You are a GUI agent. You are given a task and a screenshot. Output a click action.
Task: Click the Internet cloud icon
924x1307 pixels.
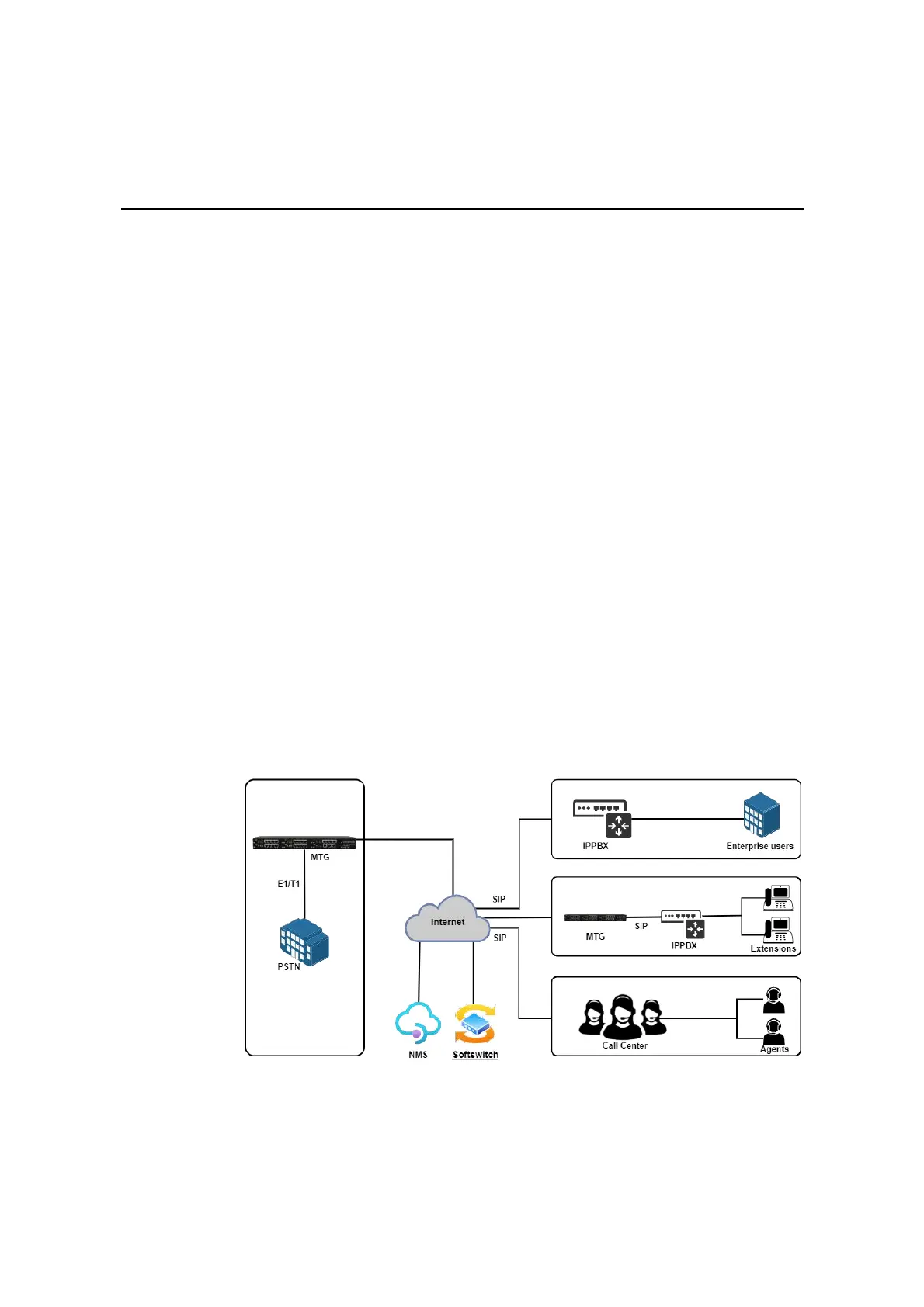447,920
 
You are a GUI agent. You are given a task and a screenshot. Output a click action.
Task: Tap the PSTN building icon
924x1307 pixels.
304,941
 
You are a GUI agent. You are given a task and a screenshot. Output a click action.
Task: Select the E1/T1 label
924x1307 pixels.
289,884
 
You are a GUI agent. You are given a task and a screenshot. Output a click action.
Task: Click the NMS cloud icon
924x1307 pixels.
418,1023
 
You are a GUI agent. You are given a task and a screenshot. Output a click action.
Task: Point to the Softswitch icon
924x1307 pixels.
474,1024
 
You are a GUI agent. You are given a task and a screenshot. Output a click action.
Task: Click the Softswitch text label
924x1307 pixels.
475,1055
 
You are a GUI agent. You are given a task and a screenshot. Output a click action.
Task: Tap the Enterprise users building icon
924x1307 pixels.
761,815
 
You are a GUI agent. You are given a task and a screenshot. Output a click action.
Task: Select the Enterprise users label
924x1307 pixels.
759,846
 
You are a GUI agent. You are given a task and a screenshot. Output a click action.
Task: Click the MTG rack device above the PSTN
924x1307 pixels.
304,843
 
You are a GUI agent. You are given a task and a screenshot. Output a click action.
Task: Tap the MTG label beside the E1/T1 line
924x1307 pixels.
320,857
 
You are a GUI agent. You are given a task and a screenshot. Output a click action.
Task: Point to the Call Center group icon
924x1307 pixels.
622,1017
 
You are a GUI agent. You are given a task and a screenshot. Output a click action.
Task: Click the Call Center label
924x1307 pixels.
624,1045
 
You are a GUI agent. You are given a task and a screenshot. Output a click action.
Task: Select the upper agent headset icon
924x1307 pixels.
773,1000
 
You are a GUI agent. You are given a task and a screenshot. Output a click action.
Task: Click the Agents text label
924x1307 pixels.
774,1049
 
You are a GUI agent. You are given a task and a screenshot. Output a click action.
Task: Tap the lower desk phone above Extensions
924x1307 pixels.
778,930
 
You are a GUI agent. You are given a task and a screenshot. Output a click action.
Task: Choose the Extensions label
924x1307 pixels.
773,948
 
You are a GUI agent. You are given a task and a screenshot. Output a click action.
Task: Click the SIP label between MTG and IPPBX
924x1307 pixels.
641,926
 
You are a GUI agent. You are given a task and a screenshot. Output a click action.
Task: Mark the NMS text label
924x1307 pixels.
418,1055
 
